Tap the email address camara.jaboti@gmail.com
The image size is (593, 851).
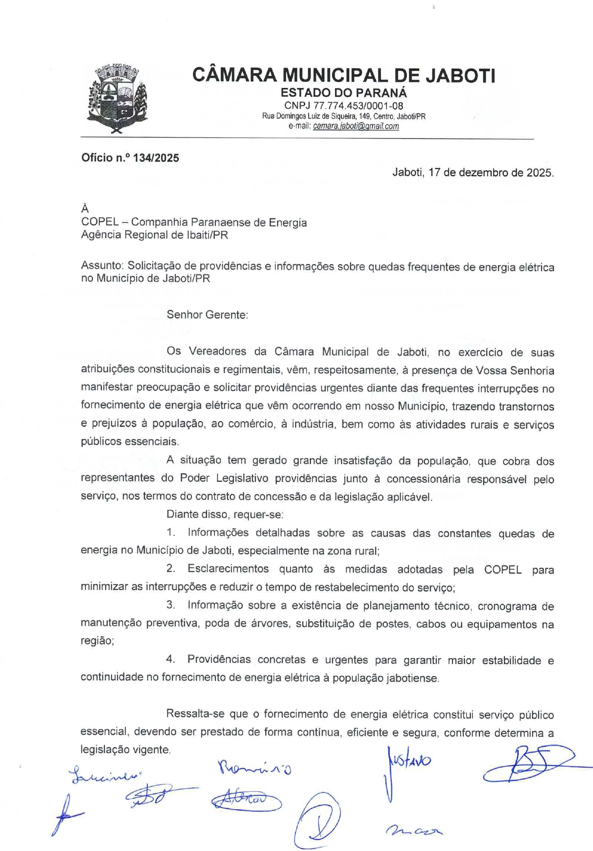tap(356, 126)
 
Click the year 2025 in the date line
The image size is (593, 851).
tap(539, 173)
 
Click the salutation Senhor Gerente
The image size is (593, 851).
tap(207, 315)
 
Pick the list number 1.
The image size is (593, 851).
tap(171, 533)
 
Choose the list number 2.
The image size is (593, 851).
tap(171, 569)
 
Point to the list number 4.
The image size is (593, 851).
tap(171, 659)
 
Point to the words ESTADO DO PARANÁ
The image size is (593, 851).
tap(344, 92)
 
